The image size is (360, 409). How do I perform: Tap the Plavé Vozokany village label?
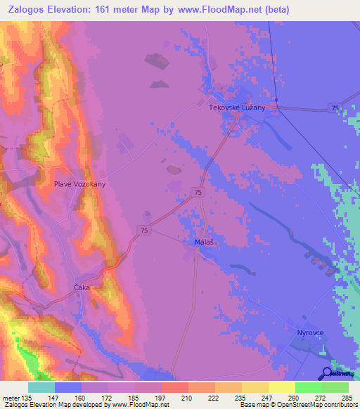(x=80, y=184)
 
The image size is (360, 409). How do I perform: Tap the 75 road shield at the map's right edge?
(x=333, y=106)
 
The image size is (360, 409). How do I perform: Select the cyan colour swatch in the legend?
(x=41, y=387)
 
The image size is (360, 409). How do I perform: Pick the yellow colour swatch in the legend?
(x=281, y=387)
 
